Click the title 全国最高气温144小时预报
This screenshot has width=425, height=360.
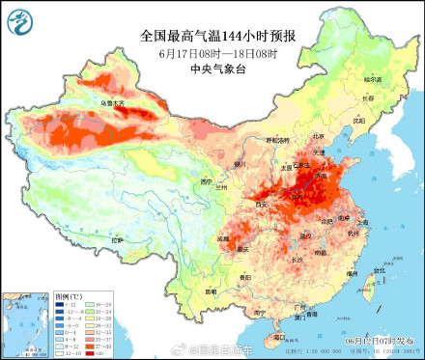point(216,36)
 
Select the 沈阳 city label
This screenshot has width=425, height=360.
point(358,121)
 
